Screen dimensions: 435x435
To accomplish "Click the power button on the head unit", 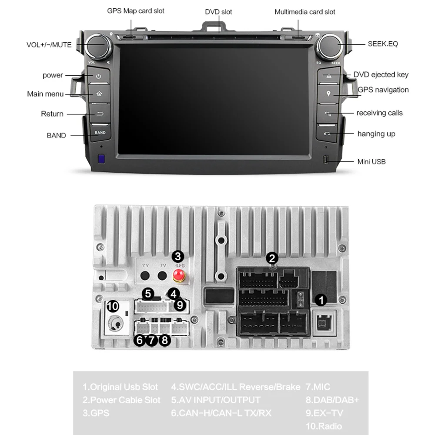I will tap(99, 76).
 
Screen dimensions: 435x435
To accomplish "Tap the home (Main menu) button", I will tap(99, 94).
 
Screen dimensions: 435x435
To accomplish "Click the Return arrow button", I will tap(100, 114).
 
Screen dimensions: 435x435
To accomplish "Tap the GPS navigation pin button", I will tap(329, 94).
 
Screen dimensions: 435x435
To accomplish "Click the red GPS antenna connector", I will tap(178, 275).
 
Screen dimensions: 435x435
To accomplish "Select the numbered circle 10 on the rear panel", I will tap(113, 306).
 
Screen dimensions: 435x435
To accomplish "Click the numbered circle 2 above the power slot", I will tap(272, 258).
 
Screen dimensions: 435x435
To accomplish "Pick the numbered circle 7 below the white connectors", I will tap(151, 340).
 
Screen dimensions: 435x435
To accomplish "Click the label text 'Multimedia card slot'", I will tap(304, 12).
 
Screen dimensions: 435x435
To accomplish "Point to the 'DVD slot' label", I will tap(218, 12).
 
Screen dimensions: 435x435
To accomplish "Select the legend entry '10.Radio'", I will tap(324, 426).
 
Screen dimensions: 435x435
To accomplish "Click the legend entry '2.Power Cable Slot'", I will tap(121, 400).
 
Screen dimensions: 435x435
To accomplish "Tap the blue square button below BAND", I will tap(101, 159).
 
